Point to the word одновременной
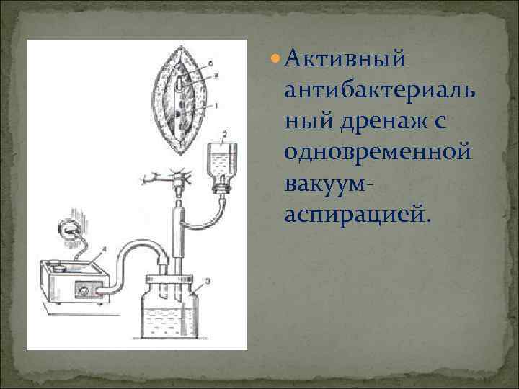(x=378, y=152)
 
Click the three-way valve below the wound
(x=174, y=176)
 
